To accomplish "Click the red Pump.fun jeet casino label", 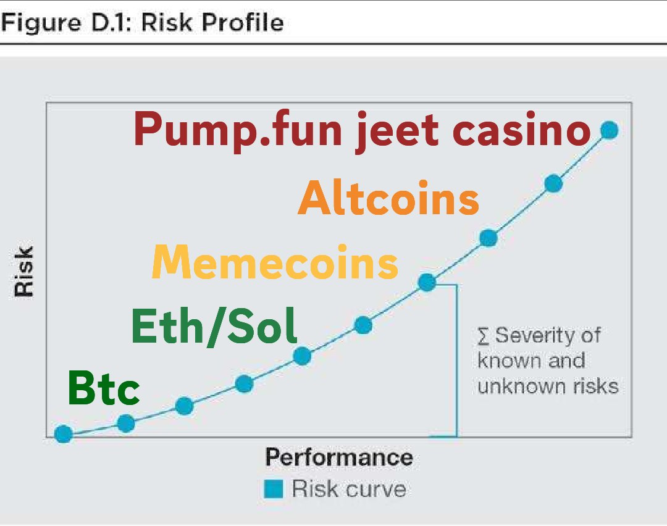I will click(x=361, y=131).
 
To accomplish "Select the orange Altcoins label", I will click(x=388, y=199).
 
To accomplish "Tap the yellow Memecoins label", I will click(x=275, y=262).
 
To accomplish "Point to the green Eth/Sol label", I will click(x=214, y=327).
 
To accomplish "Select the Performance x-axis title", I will click(x=338, y=458).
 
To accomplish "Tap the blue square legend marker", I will click(x=273, y=490).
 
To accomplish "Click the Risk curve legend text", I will click(x=349, y=490).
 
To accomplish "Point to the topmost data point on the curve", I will click(x=609, y=130).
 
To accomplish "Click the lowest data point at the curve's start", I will click(x=63, y=434).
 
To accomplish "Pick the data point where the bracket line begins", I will click(x=427, y=283).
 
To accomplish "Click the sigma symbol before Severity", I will click(x=484, y=336).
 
